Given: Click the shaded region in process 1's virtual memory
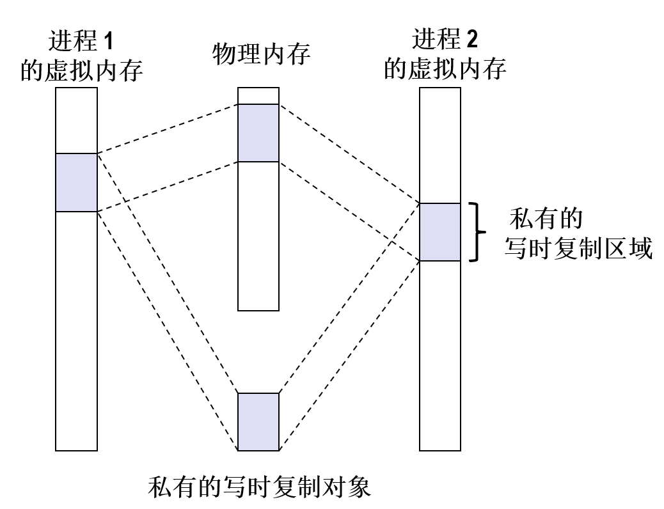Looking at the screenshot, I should point(76,182).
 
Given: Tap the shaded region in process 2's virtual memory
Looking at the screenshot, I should point(439,231).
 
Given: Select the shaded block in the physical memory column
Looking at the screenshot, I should point(258,132).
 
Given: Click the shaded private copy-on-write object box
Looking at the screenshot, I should point(258,421).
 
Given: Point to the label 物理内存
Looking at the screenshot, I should point(261,55).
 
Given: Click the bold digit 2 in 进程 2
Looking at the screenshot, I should point(471,40).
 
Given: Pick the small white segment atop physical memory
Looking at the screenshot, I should point(258,96).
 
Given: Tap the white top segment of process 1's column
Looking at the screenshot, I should point(76,120).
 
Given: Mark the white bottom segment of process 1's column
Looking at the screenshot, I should point(76,330).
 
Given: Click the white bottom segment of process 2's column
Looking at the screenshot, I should point(439,356).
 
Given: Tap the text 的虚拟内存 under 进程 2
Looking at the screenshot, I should point(445,69).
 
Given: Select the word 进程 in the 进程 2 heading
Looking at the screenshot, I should point(437,40).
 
